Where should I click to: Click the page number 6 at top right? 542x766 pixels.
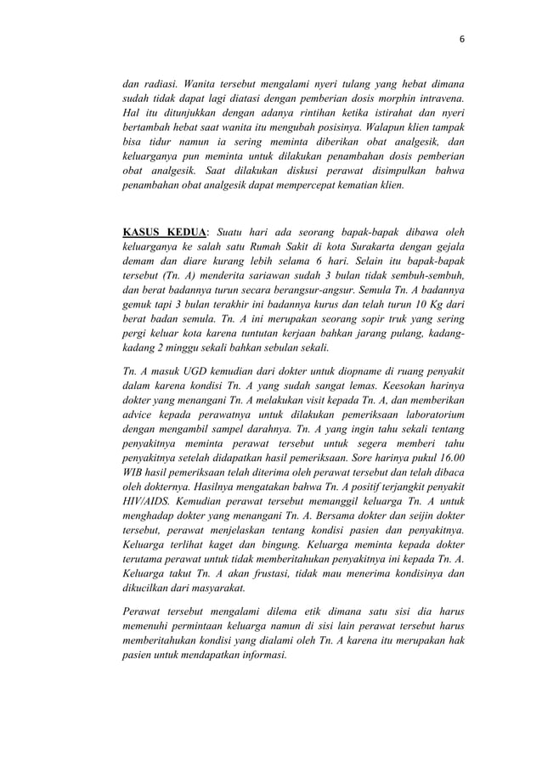point(462,38)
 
